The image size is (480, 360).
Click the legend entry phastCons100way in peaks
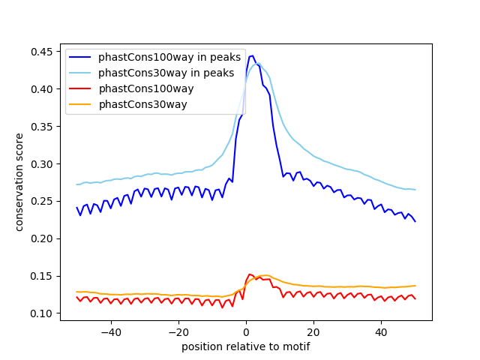169,57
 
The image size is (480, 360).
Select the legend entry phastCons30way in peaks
166,73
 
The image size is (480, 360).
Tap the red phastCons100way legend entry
145,88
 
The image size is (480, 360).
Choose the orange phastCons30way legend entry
142,104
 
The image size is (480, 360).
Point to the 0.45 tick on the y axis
43,52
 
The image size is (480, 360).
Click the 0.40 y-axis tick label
43,89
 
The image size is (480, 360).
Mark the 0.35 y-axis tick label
43,127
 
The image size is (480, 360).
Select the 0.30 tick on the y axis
43,164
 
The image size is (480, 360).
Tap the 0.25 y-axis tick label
43,201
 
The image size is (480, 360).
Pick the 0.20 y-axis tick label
43,238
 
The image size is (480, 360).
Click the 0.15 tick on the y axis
43,276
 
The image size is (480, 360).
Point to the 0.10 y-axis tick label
43,313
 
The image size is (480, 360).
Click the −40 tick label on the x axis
110,331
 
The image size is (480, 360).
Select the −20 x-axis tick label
178,331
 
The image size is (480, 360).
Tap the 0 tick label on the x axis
246,331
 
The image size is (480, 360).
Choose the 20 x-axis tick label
313,331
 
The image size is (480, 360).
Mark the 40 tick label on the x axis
381,331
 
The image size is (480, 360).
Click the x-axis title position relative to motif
246,346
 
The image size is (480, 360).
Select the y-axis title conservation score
19,181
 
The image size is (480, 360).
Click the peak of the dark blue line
252,56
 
